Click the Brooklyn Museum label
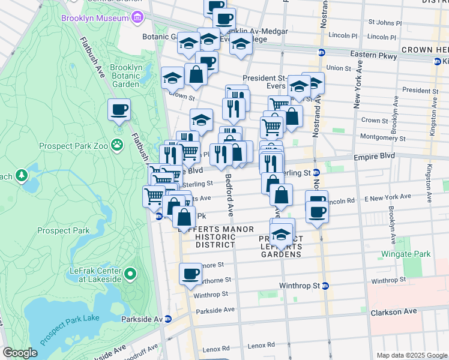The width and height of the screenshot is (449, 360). [x=95, y=18]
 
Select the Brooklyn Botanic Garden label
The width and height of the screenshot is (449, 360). [x=127, y=76]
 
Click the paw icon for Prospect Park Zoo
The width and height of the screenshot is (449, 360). [x=117, y=145]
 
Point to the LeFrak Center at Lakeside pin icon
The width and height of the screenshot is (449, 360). [x=130, y=275]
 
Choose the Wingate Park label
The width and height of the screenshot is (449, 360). [x=408, y=254]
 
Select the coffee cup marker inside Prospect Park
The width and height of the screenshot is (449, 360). [x=119, y=110]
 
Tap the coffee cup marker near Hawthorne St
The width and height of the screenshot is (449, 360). [x=191, y=274]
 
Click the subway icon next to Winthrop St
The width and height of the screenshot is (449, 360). [x=325, y=286]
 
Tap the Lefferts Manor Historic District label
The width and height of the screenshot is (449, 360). [x=215, y=237]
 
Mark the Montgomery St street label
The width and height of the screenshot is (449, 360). [x=384, y=137]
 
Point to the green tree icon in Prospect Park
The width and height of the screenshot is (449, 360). [x=22, y=175]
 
